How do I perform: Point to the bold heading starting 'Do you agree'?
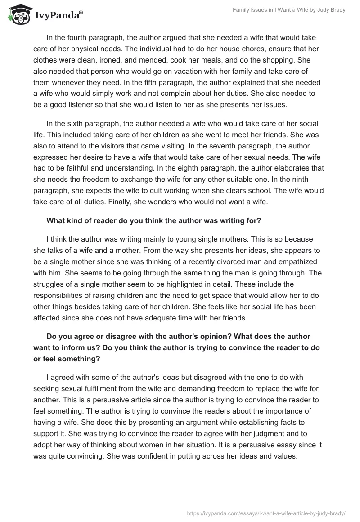coord(179,336)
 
